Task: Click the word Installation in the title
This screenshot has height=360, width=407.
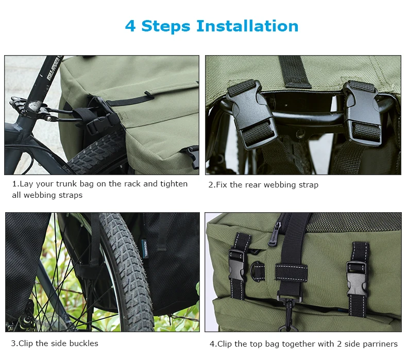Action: (x=248, y=26)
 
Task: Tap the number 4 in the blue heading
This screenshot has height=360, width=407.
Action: (x=130, y=26)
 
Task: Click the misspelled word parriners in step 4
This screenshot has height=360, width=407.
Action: (x=376, y=344)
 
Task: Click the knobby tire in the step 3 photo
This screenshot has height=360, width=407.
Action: (x=124, y=268)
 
